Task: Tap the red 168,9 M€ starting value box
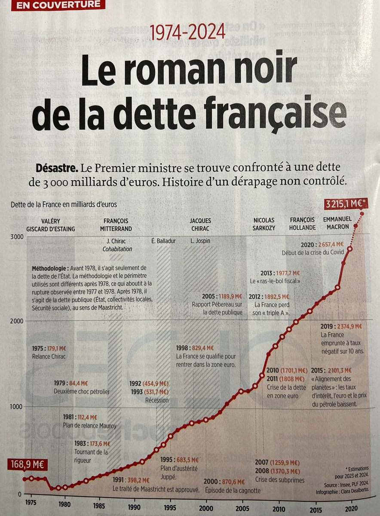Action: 27,465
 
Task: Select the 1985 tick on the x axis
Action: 99,502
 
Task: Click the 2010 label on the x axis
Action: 278,502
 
